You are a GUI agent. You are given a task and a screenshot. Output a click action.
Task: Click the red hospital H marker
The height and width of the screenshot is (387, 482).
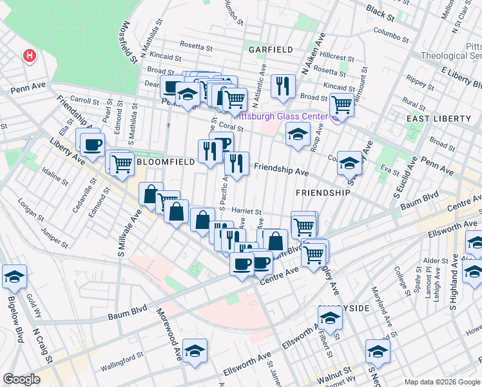(x=29, y=56)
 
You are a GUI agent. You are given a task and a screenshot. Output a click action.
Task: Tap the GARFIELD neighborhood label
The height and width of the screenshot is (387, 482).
(x=271, y=49)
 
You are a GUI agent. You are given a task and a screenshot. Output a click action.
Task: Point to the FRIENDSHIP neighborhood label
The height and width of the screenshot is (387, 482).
(x=323, y=193)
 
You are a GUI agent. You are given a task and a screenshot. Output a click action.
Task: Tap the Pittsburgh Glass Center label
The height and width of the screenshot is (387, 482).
(x=284, y=116)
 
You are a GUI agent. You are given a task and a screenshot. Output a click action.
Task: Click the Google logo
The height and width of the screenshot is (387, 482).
(x=21, y=379)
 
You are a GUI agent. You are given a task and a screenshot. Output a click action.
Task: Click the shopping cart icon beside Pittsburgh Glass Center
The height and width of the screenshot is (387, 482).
(x=341, y=103)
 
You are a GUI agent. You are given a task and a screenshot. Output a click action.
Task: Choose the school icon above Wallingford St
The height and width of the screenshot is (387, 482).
(x=195, y=350)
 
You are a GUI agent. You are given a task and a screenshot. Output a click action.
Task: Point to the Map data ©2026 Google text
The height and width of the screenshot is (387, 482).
(x=442, y=382)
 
